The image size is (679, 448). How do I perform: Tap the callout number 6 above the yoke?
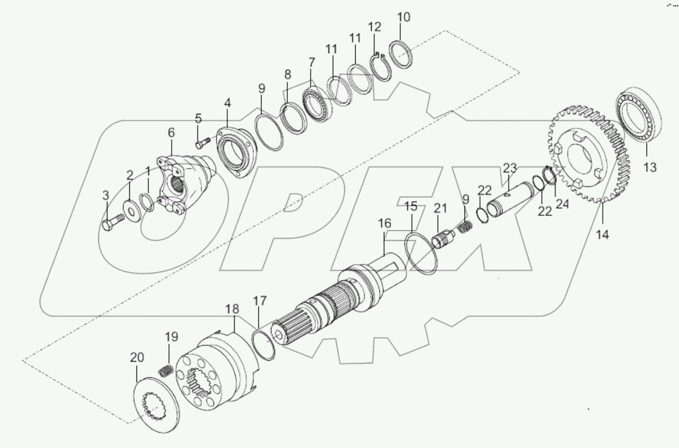point(171,133)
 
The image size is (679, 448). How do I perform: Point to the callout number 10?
point(404,18)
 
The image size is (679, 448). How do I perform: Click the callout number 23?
point(510,169)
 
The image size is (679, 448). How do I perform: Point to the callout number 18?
point(233,309)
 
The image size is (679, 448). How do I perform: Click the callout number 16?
point(384,224)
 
